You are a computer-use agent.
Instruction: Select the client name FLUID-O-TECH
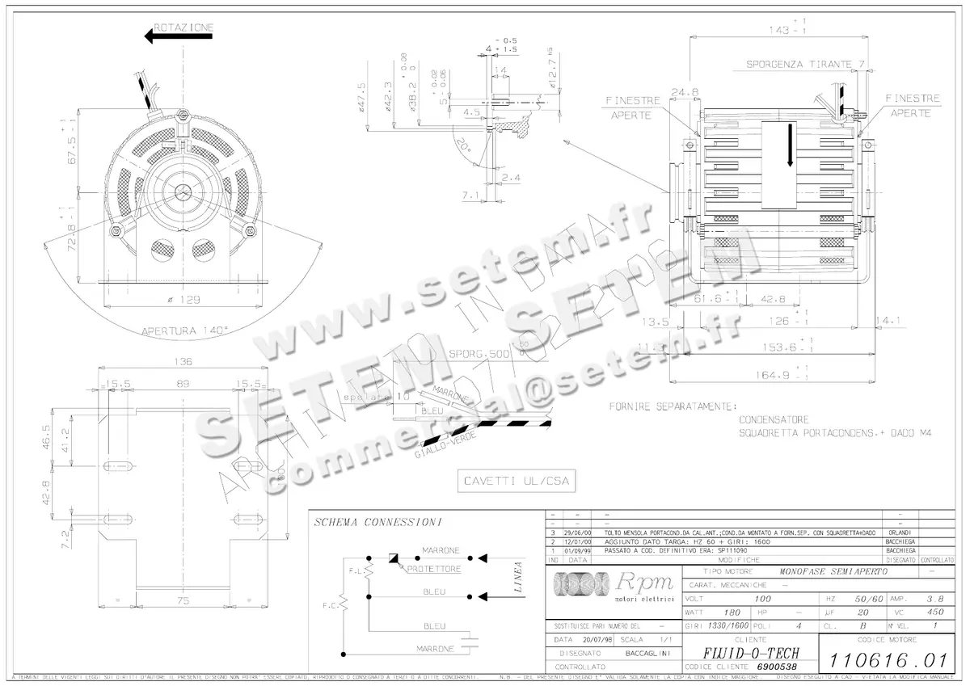(x=741, y=653)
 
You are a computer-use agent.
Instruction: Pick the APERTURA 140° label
(x=185, y=330)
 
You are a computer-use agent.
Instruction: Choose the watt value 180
(x=732, y=612)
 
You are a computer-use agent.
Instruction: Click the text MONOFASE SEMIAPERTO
(x=833, y=571)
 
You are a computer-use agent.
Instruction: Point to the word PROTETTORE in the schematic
(x=434, y=569)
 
